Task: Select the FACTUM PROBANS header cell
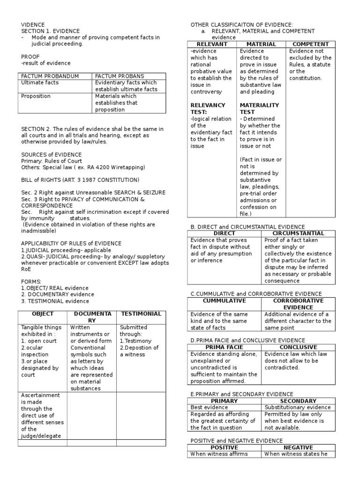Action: click(120, 76)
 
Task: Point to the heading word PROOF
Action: click(30, 56)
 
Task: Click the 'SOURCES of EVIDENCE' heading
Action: click(52, 154)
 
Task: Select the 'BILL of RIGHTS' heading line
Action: click(80, 180)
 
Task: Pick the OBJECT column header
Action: click(42, 314)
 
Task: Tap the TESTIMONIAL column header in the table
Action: click(141, 314)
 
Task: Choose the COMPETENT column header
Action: click(311, 44)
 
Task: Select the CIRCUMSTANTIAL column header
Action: click(299, 233)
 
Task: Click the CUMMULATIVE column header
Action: click(224, 300)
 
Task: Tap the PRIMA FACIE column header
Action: click(224, 347)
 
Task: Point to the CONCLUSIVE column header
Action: click(299, 347)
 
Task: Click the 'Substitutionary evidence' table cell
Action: click(298, 407)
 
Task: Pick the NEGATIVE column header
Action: click(299, 447)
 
